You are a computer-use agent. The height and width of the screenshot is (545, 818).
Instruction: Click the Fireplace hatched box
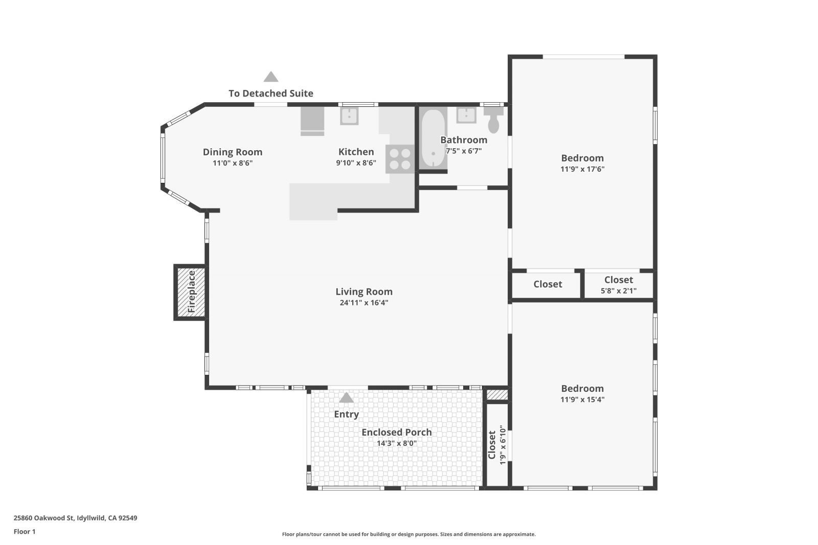pyautogui.click(x=191, y=292)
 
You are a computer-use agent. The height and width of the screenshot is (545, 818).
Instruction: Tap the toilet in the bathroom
pyautogui.click(x=493, y=121)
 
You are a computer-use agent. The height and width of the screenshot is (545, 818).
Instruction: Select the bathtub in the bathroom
pyautogui.click(x=433, y=138)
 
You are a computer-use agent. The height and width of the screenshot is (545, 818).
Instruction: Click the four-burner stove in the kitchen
pyautogui.click(x=400, y=158)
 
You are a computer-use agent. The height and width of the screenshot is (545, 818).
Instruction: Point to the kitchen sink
pyautogui.click(x=349, y=116)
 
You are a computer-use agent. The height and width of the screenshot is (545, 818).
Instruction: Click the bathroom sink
pyautogui.click(x=466, y=115)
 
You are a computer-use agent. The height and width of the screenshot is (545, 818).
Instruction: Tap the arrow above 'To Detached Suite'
pyautogui.click(x=271, y=77)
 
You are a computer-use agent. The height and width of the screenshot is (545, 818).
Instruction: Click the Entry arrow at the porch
pyautogui.click(x=346, y=397)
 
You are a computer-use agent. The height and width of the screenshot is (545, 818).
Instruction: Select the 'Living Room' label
pyautogui.click(x=364, y=292)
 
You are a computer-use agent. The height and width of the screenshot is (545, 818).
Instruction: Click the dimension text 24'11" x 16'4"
pyautogui.click(x=364, y=303)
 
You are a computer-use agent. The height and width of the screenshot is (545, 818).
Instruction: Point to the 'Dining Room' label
pyautogui.click(x=233, y=152)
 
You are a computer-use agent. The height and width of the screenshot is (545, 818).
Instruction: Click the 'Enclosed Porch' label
pyautogui.click(x=397, y=432)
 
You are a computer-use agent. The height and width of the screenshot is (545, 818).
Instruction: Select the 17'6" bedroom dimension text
pyautogui.click(x=582, y=169)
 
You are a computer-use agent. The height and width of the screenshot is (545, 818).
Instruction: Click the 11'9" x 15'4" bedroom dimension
pyautogui.click(x=582, y=400)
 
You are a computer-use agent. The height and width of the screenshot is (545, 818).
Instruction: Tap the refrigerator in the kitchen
pyautogui.click(x=312, y=121)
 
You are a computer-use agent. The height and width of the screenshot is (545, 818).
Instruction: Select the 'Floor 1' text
pyautogui.click(x=25, y=532)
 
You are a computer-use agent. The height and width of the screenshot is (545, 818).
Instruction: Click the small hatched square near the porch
pyautogui.click(x=497, y=395)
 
